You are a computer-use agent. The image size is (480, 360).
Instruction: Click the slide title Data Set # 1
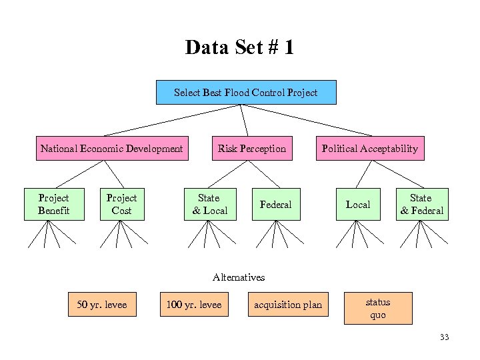click(239, 48)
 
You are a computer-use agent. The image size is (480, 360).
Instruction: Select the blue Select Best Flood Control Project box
click(246, 93)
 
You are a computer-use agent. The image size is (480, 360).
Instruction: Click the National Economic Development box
click(111, 149)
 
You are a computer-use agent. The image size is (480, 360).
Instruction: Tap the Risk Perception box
click(251, 149)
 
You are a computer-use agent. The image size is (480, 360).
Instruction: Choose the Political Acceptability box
click(370, 149)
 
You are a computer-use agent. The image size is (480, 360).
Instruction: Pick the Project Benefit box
click(53, 204)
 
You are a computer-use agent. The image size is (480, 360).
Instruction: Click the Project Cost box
click(121, 204)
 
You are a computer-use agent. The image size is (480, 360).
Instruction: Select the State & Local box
click(209, 204)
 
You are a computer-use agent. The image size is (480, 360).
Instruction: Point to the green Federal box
click(275, 204)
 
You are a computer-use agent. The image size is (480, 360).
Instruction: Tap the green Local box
click(358, 204)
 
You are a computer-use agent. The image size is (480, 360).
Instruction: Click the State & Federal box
click(421, 204)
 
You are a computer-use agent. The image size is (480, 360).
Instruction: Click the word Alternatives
click(239, 277)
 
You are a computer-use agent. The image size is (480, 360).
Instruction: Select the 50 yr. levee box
click(101, 305)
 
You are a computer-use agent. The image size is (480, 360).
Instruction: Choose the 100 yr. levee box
click(193, 305)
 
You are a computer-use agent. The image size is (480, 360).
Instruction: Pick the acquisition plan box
click(288, 305)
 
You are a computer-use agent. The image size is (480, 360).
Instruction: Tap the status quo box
click(377, 308)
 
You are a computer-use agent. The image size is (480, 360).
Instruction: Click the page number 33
click(444, 337)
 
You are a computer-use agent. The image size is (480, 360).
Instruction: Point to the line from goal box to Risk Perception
click(244, 120)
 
